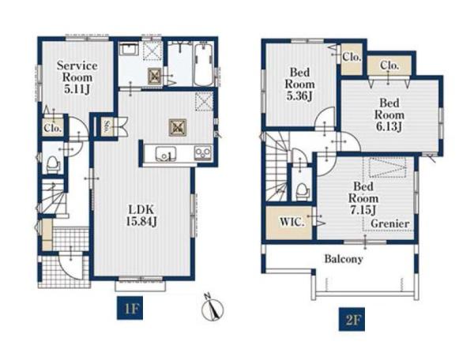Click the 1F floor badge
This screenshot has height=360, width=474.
(130, 309)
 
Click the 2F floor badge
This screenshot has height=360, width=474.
(352, 319)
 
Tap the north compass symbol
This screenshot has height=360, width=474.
(213, 309)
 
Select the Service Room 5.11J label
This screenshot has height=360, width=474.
(77, 77)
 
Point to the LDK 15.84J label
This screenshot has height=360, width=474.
(141, 216)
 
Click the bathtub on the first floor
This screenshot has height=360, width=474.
(204, 65)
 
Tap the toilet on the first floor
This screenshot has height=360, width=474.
(54, 164)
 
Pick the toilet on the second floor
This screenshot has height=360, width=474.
(303, 192)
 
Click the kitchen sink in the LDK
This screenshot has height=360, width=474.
(166, 154)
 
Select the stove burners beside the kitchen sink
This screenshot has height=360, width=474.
(203, 153)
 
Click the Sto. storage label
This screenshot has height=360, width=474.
(107, 126)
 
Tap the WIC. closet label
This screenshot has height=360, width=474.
(292, 222)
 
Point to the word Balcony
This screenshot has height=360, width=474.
(344, 259)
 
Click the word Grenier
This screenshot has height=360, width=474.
(390, 223)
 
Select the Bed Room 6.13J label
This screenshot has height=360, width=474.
(389, 114)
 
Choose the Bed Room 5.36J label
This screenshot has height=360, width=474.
(299, 84)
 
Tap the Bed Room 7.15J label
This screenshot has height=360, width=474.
(363, 198)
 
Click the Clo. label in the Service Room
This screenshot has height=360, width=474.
(53, 128)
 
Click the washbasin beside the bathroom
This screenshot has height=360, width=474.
(129, 49)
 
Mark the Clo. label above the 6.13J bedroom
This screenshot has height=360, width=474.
(389, 65)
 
